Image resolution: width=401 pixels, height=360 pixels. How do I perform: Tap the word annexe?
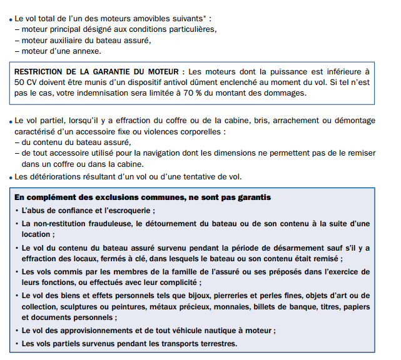(84, 51)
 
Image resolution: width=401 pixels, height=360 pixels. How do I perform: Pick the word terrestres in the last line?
(213, 343)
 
